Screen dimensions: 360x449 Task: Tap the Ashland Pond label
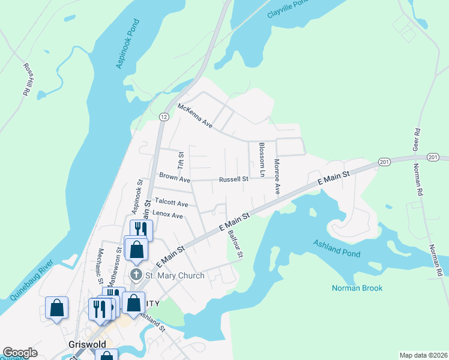pos(336,248)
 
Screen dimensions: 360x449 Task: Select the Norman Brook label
pos(357,288)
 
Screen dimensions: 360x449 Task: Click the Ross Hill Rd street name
pos(27,80)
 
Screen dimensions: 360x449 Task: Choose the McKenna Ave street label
pos(195,116)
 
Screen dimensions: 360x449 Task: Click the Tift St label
pos(179,160)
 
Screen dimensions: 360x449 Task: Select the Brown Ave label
pos(174,179)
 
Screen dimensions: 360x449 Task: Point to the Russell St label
pos(234,179)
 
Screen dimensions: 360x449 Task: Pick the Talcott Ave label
pos(171,203)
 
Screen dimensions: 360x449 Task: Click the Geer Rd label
pos(415,137)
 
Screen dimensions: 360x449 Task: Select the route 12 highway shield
pos(163,116)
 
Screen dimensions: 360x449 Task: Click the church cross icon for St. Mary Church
pos(136,275)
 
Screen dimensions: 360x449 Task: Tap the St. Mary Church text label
pos(175,276)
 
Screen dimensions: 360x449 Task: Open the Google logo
pos(20,353)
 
